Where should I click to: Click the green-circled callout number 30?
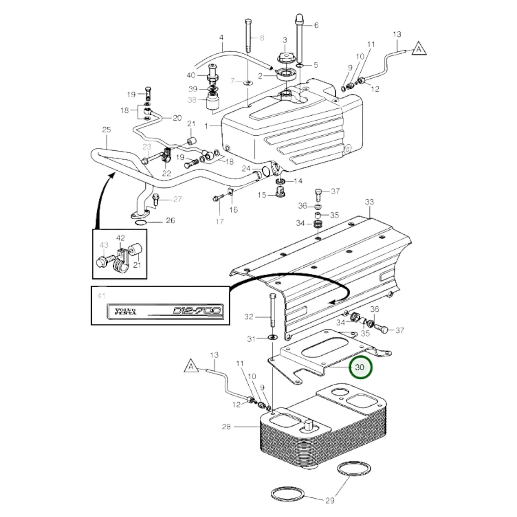pyautogui.click(x=360, y=367)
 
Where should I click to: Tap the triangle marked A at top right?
pyautogui.click(x=419, y=49)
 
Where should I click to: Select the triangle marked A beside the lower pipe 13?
pyautogui.click(x=191, y=367)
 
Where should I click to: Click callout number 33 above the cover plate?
pyautogui.click(x=369, y=202)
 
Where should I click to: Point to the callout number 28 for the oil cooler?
pyautogui.click(x=226, y=426)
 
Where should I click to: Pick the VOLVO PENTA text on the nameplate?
pyautogui.click(x=125, y=311)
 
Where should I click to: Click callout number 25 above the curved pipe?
pyautogui.click(x=107, y=130)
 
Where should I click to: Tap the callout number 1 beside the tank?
pyautogui.click(x=206, y=126)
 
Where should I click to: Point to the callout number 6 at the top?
pyautogui.click(x=316, y=25)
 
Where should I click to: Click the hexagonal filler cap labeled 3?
pyautogui.click(x=285, y=57)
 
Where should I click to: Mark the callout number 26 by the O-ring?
pyautogui.click(x=170, y=220)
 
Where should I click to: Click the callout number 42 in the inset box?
pyautogui.click(x=121, y=238)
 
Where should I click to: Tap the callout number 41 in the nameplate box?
pyautogui.click(x=102, y=296)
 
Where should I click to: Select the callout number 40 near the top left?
pyautogui.click(x=191, y=75)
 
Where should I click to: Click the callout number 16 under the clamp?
pyautogui.click(x=233, y=209)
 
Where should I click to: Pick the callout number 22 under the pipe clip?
pyautogui.click(x=167, y=174)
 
